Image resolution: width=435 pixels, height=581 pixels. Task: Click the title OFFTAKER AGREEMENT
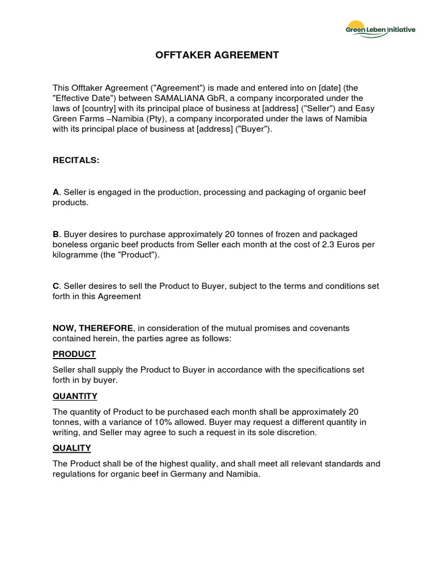pos(217,55)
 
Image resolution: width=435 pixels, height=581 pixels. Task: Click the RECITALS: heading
pos(76,161)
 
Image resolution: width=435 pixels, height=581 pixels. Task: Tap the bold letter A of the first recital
pos(56,192)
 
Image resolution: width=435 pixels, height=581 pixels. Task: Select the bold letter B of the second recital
pos(56,234)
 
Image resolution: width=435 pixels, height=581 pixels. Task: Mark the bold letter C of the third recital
pos(56,286)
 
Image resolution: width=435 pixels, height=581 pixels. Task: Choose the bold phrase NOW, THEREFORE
pos(93,328)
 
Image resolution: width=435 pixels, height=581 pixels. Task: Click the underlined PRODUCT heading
pos(74,354)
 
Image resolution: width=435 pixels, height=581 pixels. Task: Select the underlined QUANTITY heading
pos(75,396)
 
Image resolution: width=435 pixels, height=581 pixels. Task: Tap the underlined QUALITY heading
pos(71,448)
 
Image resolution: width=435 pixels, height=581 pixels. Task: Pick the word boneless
pos(71,245)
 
